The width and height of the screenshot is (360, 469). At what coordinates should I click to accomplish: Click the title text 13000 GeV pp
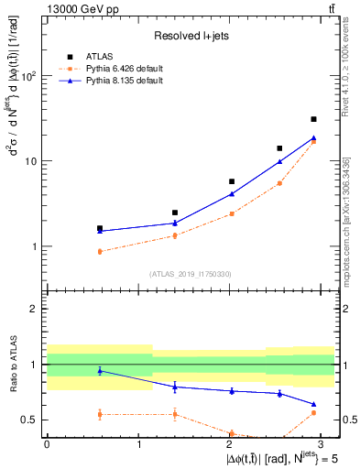point(76,9)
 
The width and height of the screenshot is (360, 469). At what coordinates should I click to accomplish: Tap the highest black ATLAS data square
point(313,119)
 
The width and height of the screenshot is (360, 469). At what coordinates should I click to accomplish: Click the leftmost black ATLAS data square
point(100,228)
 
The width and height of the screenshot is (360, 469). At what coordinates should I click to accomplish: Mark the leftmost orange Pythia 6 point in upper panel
point(100,251)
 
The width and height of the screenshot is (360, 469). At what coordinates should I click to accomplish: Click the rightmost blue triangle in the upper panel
point(313,138)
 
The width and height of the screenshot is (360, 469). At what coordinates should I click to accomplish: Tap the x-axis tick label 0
point(47,442)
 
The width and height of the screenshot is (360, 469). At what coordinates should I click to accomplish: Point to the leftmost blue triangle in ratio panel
point(100,370)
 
